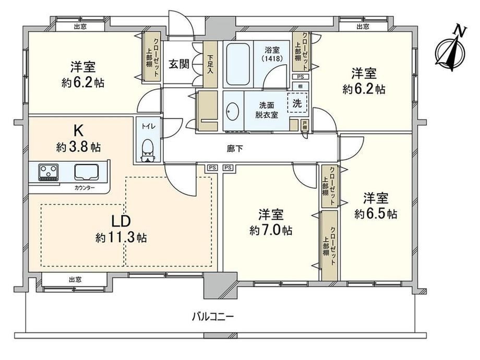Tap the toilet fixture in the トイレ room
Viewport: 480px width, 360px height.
[x=148, y=150]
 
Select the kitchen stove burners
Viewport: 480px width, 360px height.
[x=49, y=172]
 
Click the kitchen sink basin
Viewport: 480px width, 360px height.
[x=87, y=172]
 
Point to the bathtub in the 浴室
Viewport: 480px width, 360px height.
[x=238, y=64]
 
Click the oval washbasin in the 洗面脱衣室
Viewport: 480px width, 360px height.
[x=233, y=112]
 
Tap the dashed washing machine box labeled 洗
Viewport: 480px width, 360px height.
[x=297, y=103]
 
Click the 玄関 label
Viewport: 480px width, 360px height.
[x=179, y=64]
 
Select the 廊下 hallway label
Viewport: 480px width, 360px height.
[x=235, y=149]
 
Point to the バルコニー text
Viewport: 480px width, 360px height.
[x=213, y=316]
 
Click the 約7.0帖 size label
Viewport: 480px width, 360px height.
[x=271, y=230]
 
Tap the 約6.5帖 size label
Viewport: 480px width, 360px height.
[x=376, y=214]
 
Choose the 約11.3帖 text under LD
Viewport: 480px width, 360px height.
[x=121, y=237]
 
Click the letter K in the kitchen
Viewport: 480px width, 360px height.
[x=78, y=131]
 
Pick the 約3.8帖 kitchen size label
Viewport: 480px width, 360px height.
[x=79, y=147]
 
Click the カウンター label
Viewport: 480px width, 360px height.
[x=85, y=188]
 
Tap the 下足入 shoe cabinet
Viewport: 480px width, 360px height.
[x=210, y=64]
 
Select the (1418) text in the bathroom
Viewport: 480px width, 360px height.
[x=272, y=58]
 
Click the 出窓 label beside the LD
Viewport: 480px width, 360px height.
[x=75, y=280]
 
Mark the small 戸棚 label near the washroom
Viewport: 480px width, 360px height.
[x=305, y=125]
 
